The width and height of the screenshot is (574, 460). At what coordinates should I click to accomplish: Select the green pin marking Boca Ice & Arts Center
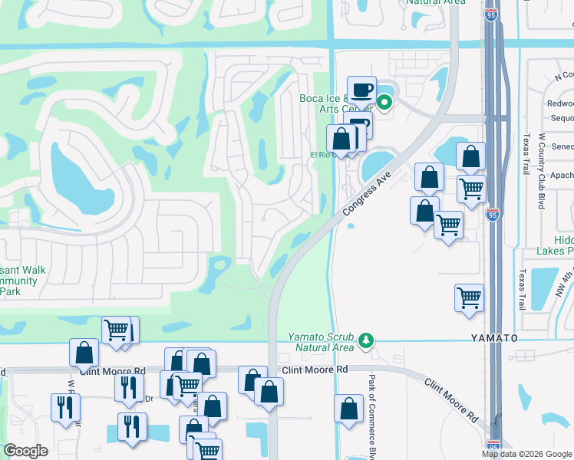click(385, 100)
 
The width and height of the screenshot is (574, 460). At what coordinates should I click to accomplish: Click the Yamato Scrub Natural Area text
click(321, 342)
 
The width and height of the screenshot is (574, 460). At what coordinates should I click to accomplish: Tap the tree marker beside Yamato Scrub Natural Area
click(367, 339)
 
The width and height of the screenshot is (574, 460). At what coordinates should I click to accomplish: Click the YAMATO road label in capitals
click(490, 337)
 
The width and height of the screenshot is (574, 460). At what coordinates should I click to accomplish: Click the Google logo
click(26, 451)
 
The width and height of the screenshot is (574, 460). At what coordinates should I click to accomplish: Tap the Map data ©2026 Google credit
click(526, 454)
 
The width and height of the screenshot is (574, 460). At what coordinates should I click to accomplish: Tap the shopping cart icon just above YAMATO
click(469, 297)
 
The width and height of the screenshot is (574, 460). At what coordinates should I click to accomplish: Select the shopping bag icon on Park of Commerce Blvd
click(348, 409)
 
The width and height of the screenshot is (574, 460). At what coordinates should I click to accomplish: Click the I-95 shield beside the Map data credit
click(493, 445)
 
